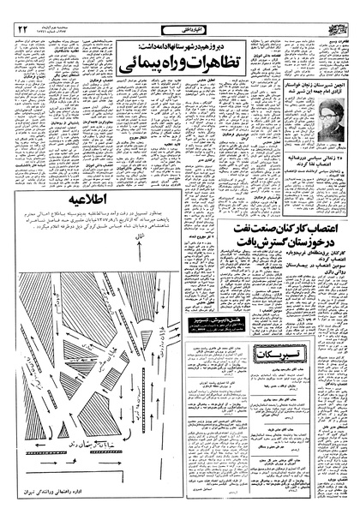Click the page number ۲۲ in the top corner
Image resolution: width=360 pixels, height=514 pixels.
click(x=21, y=30)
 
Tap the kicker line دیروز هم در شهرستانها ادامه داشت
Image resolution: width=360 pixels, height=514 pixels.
click(x=184, y=45)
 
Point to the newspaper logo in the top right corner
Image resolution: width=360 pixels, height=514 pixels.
click(x=334, y=28)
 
